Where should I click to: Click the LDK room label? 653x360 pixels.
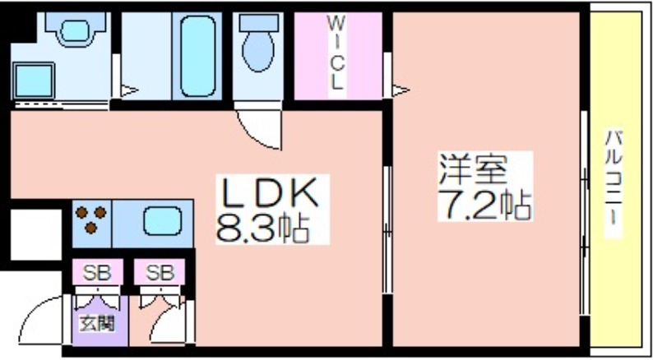click(271, 194)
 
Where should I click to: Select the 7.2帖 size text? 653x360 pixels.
click(484, 205)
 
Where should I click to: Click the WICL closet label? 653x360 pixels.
click(336, 53)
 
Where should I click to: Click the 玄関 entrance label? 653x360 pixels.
click(96, 323)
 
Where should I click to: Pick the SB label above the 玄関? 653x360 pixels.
click(97, 273)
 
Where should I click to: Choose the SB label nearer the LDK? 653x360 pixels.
click(159, 273)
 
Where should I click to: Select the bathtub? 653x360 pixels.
click(198, 56)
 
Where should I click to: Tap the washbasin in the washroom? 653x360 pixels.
click(75, 31)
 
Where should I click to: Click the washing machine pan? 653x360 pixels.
click(35, 80)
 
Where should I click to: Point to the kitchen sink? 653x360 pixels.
click(162, 221)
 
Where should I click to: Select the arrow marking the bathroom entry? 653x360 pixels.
click(129, 90)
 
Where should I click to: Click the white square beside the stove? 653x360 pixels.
click(36, 234)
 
